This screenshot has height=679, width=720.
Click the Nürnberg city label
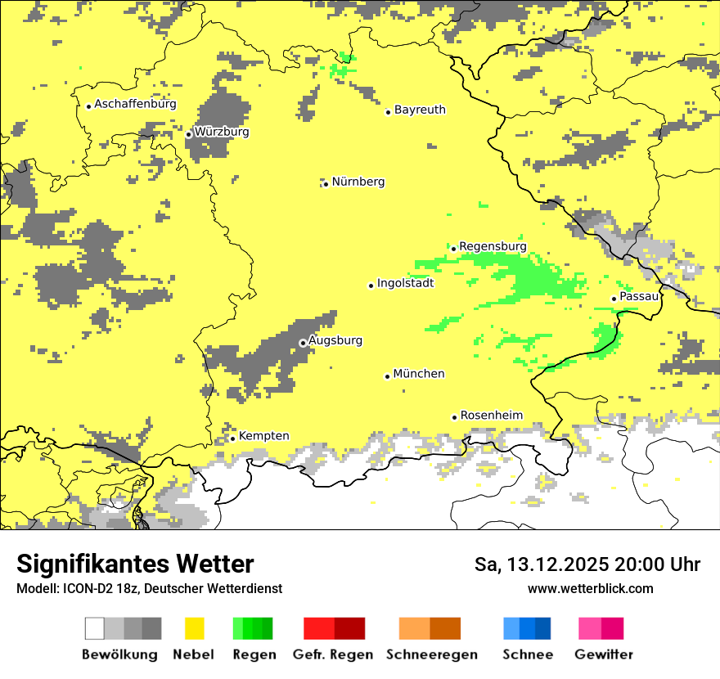[x=358, y=182]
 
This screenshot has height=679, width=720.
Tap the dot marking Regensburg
[x=453, y=248]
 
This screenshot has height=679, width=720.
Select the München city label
[x=419, y=374]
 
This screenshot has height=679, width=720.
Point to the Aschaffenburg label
[x=135, y=104]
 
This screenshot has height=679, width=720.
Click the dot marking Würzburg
[x=188, y=134]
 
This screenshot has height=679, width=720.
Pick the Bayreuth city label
[x=420, y=110]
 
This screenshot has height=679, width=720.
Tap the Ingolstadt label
[x=405, y=283]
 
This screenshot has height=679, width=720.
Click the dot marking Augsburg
[x=303, y=343]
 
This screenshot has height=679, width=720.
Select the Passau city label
[x=639, y=296]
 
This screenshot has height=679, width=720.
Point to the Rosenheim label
[x=491, y=416]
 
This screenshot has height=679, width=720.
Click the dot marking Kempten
[x=232, y=438]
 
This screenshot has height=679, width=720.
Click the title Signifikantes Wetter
[x=135, y=564]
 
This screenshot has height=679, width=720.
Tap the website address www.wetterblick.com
[x=590, y=588]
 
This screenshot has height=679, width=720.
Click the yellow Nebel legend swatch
[x=195, y=628]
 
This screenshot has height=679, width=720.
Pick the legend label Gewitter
[x=604, y=654]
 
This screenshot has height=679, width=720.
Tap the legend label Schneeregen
[x=432, y=654]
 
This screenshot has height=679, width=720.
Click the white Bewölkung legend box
[x=95, y=628]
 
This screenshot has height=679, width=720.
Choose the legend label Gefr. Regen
[x=332, y=654]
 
